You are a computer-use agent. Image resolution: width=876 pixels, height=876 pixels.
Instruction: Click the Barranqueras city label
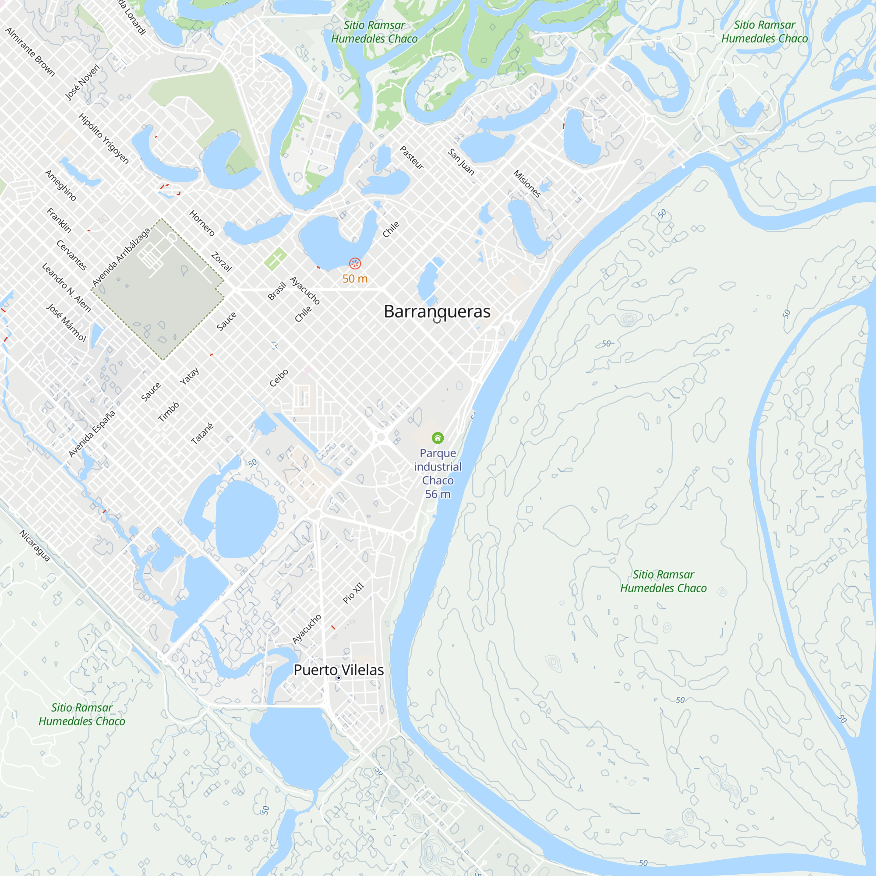tap(437, 311)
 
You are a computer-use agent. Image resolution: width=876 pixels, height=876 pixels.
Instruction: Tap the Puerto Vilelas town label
tap(338, 670)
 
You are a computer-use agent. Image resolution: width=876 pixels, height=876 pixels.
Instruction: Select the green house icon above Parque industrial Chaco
tap(438, 438)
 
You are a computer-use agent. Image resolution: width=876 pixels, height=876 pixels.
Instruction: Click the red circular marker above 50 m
tap(355, 263)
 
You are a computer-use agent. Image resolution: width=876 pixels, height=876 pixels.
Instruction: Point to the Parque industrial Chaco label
tap(438, 473)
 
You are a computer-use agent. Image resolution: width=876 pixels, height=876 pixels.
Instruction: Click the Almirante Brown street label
tap(30, 52)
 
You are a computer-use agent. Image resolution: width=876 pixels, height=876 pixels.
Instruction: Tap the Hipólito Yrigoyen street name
tap(104, 138)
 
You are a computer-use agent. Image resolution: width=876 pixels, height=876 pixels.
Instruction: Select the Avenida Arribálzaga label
tap(120, 257)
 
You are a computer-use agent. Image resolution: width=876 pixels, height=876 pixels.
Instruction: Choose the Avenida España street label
tap(92, 434)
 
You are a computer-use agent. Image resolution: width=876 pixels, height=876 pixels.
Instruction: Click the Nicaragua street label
tap(35, 546)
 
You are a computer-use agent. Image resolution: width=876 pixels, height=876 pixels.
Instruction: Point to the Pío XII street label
tap(353, 593)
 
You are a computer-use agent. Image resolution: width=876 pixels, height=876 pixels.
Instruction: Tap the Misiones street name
tap(527, 184)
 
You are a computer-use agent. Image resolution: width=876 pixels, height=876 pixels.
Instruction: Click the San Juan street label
tap(461, 162)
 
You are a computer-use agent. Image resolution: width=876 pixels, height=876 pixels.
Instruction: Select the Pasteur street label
tap(412, 157)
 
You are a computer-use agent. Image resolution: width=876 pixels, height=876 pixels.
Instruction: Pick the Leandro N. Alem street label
tap(66, 287)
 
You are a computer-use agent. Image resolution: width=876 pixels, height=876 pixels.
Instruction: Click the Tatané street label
tap(202, 434)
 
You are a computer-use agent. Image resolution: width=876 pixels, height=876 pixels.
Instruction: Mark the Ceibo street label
tap(279, 378)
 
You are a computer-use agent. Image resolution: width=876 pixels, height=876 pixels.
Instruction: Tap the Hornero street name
tap(202, 223)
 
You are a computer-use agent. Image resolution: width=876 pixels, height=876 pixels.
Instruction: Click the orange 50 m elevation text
tap(355, 279)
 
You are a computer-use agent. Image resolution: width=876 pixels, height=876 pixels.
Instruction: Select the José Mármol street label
tap(66, 322)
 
